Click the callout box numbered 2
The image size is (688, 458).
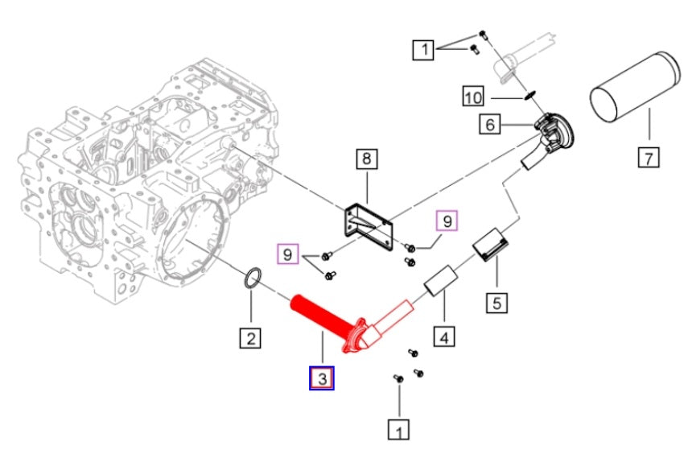click(x=251, y=339)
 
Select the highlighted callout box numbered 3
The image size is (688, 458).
click(x=322, y=378)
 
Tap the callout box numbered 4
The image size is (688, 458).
click(x=442, y=336)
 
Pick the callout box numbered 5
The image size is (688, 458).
click(x=496, y=303)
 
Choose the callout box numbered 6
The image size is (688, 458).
click(x=489, y=125)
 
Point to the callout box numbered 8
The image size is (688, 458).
click(x=366, y=159)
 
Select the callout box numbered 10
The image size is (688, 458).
click(x=474, y=97)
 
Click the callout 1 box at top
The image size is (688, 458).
click(x=422, y=50)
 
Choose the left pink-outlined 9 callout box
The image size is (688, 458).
click(x=286, y=256)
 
